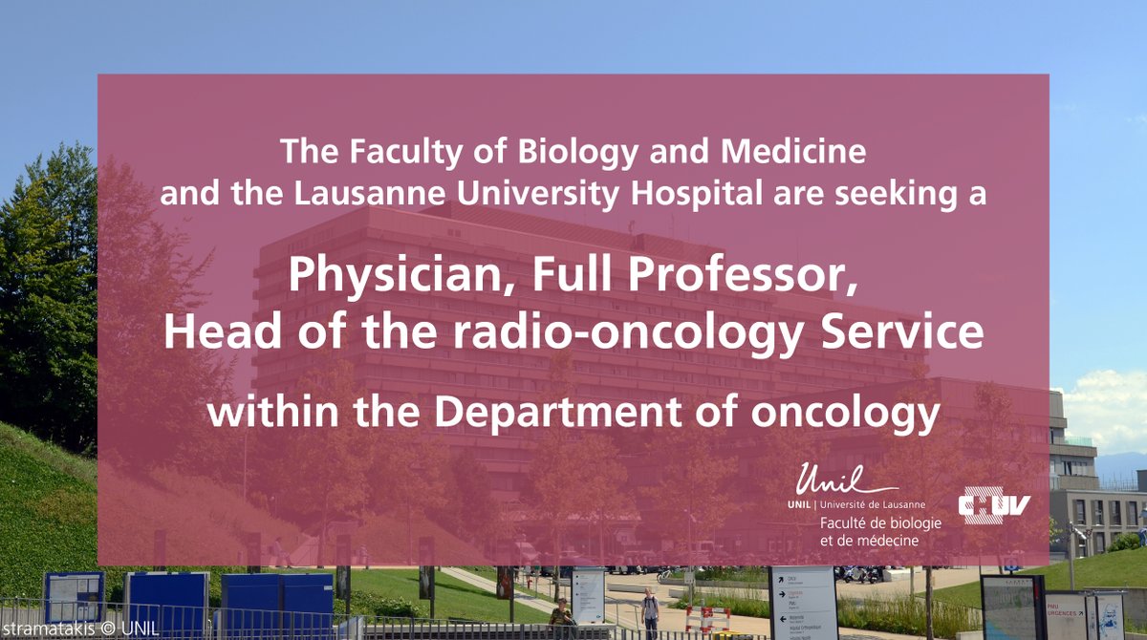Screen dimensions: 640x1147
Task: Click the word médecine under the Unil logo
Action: [x=886, y=542]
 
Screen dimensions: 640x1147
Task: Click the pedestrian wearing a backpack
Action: [x=651, y=609]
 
